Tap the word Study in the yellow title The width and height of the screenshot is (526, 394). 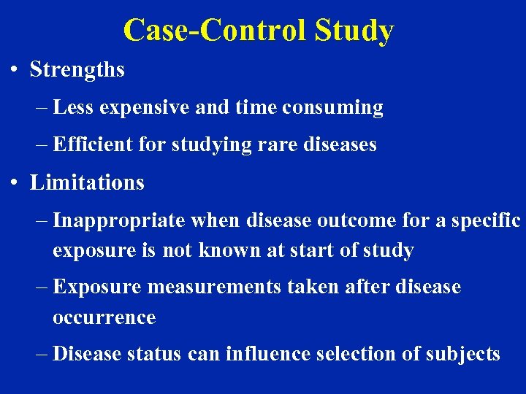point(354,31)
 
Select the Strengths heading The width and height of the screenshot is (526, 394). point(77,70)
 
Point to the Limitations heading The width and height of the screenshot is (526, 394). point(87,182)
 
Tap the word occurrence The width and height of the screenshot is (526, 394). point(104,317)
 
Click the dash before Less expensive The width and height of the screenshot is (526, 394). point(42,108)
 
